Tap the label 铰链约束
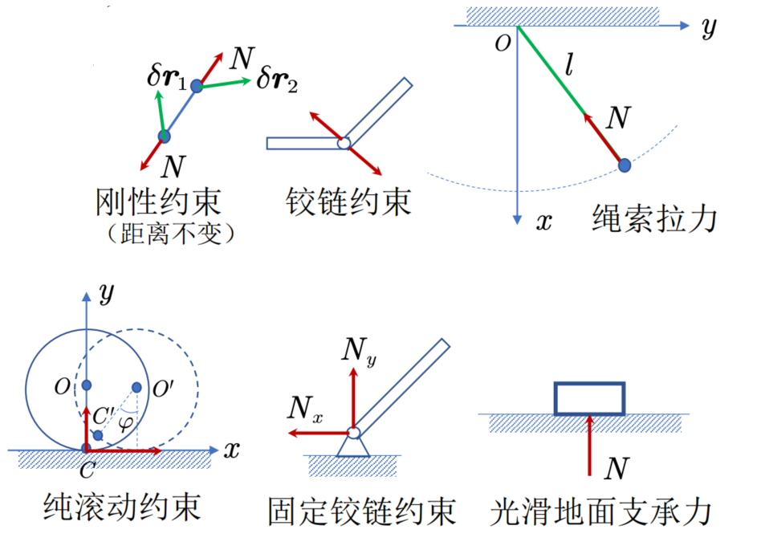(x=348, y=201)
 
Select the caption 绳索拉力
(x=654, y=218)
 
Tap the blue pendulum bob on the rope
(x=624, y=165)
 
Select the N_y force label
(x=358, y=350)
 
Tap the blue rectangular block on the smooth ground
(x=589, y=398)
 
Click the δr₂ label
(x=277, y=80)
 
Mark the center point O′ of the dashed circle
(x=136, y=387)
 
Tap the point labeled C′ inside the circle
(x=98, y=434)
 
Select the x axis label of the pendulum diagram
(x=543, y=221)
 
